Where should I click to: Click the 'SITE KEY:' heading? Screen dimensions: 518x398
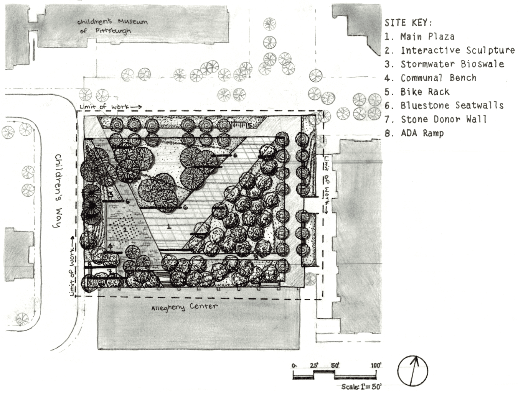point(408,23)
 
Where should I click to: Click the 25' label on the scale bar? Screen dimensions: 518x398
point(314,365)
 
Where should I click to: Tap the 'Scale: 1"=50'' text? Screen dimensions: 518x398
point(361,386)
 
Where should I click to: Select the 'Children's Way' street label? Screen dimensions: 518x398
point(58,191)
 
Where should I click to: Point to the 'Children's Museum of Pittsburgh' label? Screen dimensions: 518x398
point(112,26)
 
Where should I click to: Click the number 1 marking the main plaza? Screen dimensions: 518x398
point(169,226)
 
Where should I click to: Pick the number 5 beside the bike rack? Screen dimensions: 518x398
point(249,125)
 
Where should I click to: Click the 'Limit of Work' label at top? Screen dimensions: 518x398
point(111,107)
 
